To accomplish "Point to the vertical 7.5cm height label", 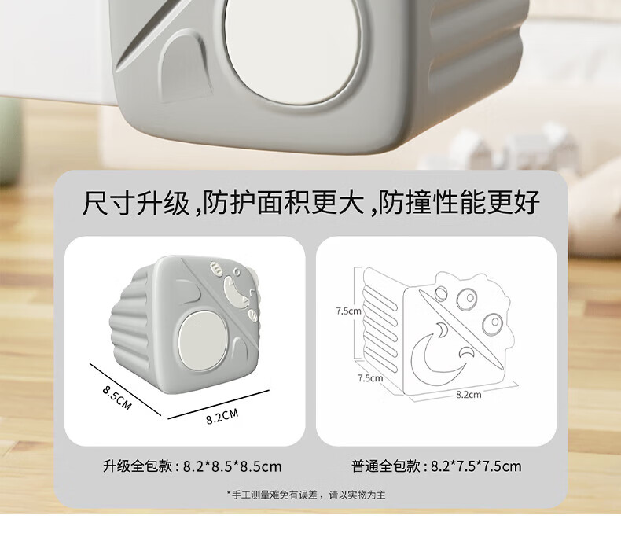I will tap(348, 311).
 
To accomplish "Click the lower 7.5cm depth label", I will tap(369, 377).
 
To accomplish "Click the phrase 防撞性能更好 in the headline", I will tap(459, 203).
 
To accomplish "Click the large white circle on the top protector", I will tap(281, 39).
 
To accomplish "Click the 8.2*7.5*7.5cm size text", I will tap(476, 466).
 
